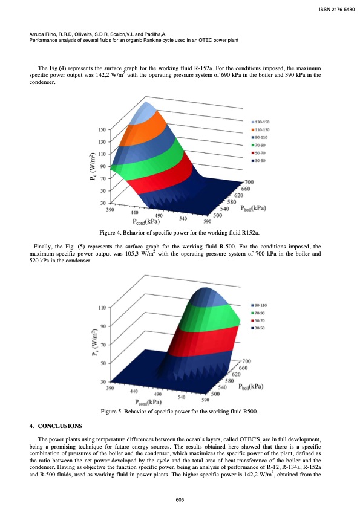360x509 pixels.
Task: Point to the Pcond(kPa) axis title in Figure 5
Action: point(148,401)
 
